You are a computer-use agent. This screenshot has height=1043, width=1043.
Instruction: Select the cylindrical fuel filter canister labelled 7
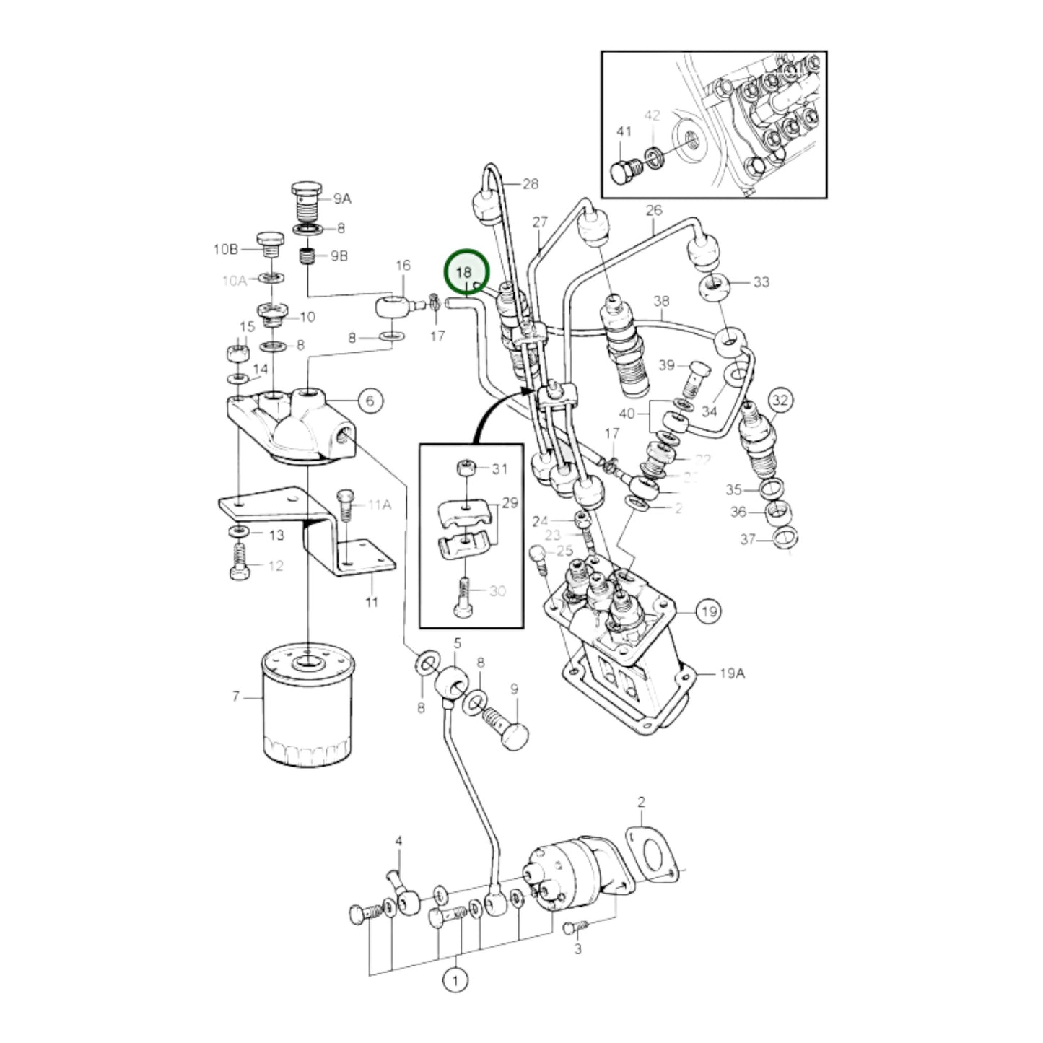coord(306,707)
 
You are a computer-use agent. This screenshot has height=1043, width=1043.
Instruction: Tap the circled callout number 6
coord(370,401)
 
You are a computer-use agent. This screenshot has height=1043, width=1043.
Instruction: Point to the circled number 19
coord(709,612)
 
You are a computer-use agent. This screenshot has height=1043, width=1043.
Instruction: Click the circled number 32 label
coord(781,399)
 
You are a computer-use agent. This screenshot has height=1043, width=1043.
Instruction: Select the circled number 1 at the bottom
coord(455,981)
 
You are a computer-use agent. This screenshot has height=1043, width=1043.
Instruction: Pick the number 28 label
coord(531,184)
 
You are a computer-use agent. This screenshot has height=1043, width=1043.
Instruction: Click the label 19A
coord(731,673)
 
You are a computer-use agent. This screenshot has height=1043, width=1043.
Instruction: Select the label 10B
coord(225,250)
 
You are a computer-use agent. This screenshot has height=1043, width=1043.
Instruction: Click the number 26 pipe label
coord(653,211)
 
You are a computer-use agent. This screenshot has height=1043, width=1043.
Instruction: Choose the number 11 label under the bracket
coord(371,601)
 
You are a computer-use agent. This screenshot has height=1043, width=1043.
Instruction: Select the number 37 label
coord(748,539)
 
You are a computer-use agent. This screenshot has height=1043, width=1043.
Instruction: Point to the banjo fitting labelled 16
coord(396,307)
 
